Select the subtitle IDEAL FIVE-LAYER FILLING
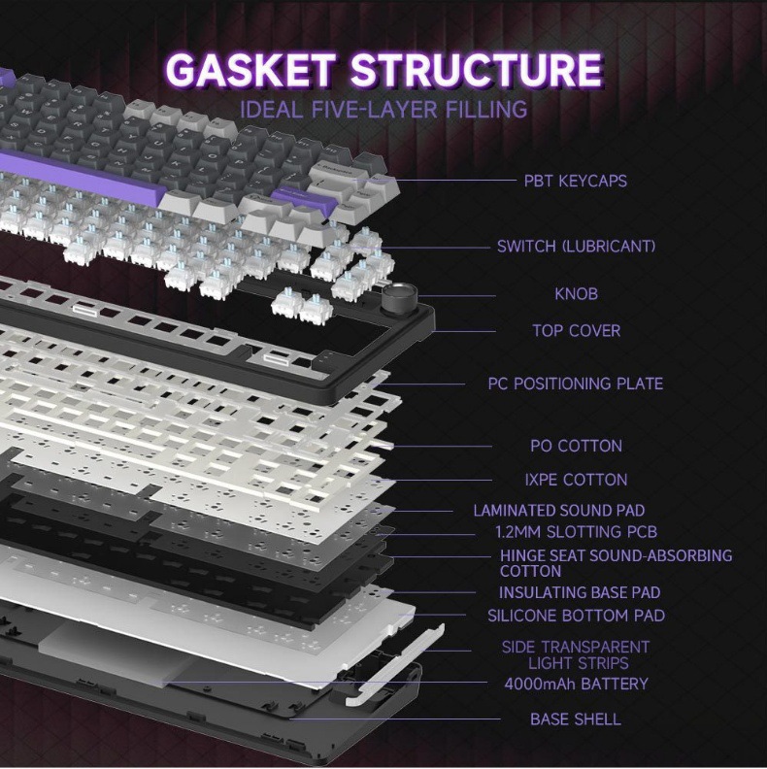point(383,109)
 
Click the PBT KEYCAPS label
point(575,181)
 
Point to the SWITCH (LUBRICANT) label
point(576,247)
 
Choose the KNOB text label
point(576,294)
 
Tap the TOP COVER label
point(576,331)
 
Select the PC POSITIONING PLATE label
point(575,384)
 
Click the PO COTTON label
point(576,447)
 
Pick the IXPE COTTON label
point(576,480)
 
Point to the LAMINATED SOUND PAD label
point(558,511)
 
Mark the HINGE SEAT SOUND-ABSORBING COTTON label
point(616,563)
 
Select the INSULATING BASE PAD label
point(580,592)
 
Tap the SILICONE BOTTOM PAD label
point(576,616)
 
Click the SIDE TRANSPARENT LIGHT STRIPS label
point(576,655)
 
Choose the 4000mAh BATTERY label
point(576,684)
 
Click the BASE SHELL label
point(576,719)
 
